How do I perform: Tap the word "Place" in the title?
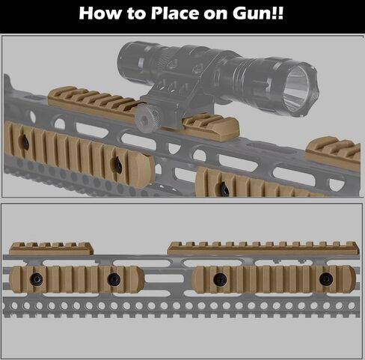[x=175, y=13]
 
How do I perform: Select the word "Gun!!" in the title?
[x=258, y=13]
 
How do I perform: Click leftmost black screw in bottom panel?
[x=37, y=279]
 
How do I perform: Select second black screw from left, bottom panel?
[x=114, y=279]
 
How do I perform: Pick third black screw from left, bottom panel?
[x=220, y=279]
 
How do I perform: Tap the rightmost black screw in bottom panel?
[x=326, y=279]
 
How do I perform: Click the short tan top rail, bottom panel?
[x=51, y=248]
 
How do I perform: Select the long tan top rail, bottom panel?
[x=263, y=248]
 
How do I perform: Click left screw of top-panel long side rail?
[x=25, y=143]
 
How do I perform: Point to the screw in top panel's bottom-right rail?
[x=225, y=189]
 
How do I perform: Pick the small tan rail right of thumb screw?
[x=211, y=126]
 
